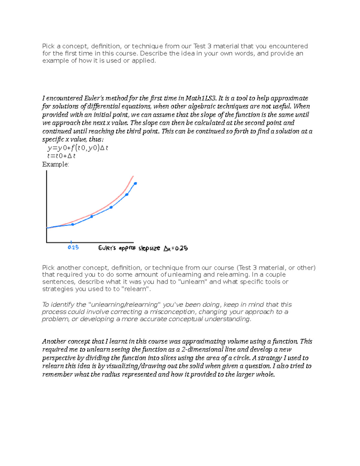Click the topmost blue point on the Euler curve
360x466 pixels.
click(135, 183)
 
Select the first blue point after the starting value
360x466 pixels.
click(73, 224)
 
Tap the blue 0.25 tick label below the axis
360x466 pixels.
click(73, 248)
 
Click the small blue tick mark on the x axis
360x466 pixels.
click(71, 242)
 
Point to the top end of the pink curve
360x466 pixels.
click(133, 176)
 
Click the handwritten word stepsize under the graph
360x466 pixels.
click(149, 248)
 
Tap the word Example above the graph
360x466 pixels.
click(55, 164)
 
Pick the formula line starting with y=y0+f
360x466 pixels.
click(77, 148)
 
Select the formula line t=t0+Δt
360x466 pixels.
click(61, 156)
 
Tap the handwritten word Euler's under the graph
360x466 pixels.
click(107, 248)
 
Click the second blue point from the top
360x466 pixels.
click(127, 194)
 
